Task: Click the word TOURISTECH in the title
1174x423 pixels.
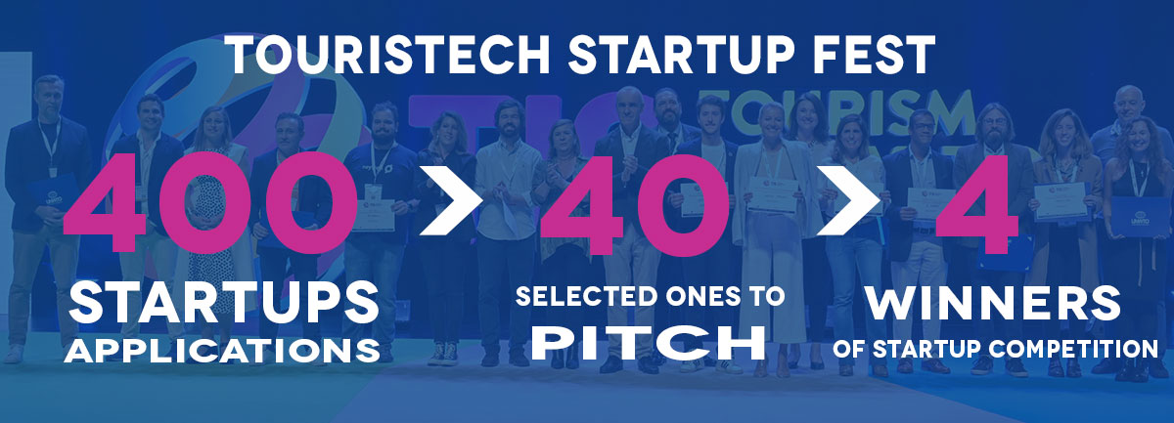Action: click(x=390, y=55)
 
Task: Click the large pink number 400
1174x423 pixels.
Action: click(x=210, y=203)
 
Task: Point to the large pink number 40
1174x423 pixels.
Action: click(x=635, y=204)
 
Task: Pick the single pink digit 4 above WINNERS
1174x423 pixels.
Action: click(x=977, y=203)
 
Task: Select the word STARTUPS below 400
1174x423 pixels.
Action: click(x=224, y=303)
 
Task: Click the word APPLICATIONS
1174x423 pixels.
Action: click(x=222, y=351)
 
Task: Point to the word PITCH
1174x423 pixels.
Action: click(x=649, y=342)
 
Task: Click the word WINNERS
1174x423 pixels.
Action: click(x=993, y=303)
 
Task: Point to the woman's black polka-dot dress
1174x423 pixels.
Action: click(x=209, y=235)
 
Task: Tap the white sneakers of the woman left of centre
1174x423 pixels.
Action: click(x=443, y=354)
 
